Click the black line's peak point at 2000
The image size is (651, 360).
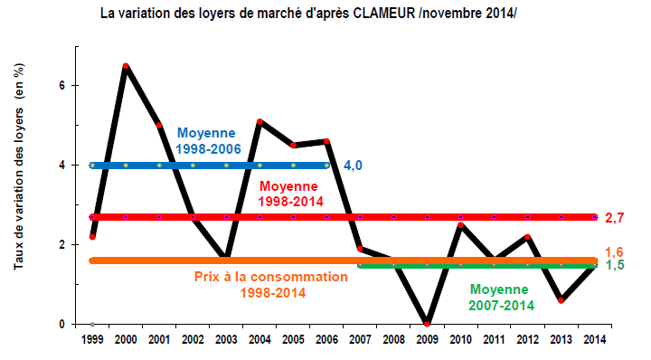[126, 66]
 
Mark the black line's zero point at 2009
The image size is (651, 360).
[427, 323]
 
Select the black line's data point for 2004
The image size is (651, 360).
[259, 121]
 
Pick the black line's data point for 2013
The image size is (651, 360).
[561, 299]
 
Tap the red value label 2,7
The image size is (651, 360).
[615, 218]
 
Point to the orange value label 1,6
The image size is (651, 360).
[615, 251]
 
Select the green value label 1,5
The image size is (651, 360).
[615, 266]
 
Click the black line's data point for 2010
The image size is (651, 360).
[460, 225]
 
